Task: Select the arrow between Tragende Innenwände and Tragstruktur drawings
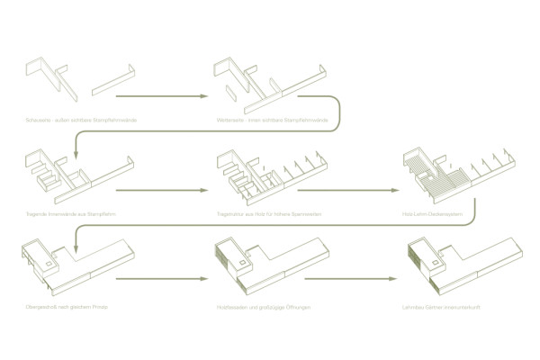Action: click(x=162, y=191)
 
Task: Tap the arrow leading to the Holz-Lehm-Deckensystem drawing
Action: click(x=347, y=191)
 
